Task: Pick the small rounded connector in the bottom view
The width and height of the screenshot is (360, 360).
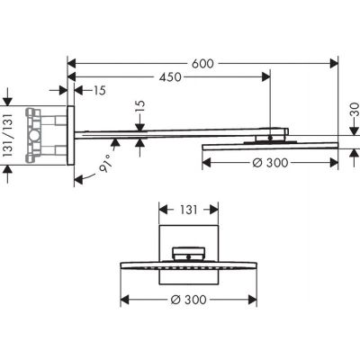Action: [187, 254]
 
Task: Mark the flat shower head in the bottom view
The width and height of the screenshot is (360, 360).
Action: [187, 266]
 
